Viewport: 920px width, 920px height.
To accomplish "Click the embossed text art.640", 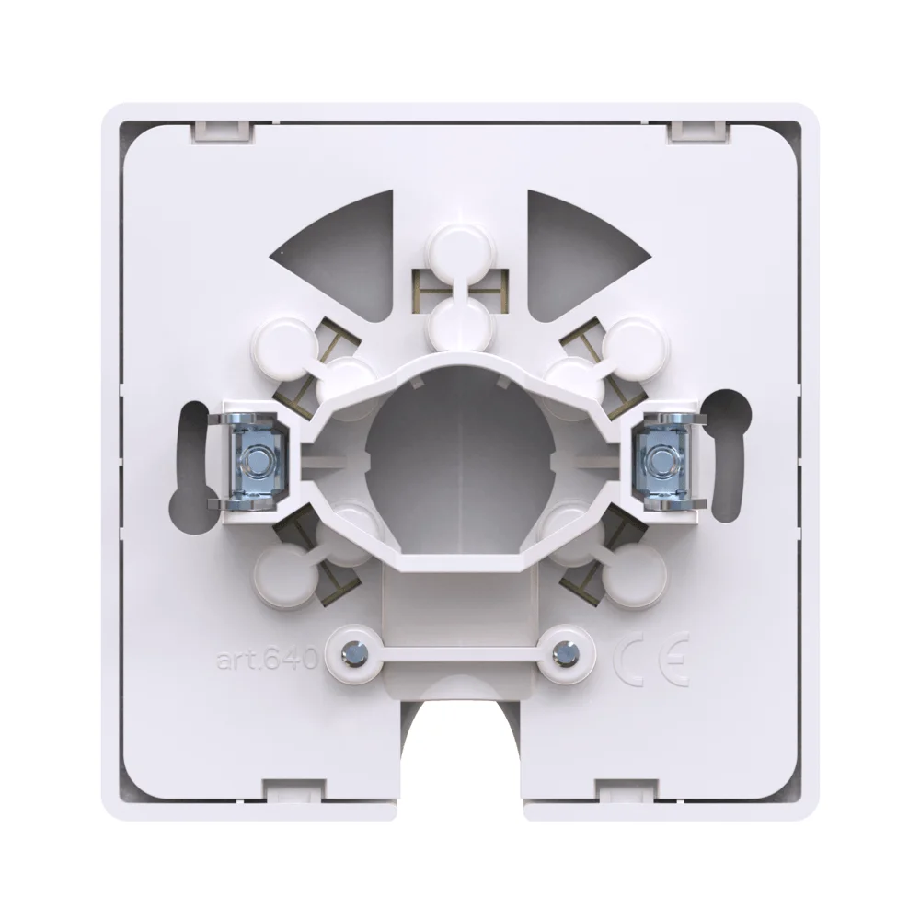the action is point(267,661).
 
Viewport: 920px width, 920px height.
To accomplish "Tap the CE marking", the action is point(652,660).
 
